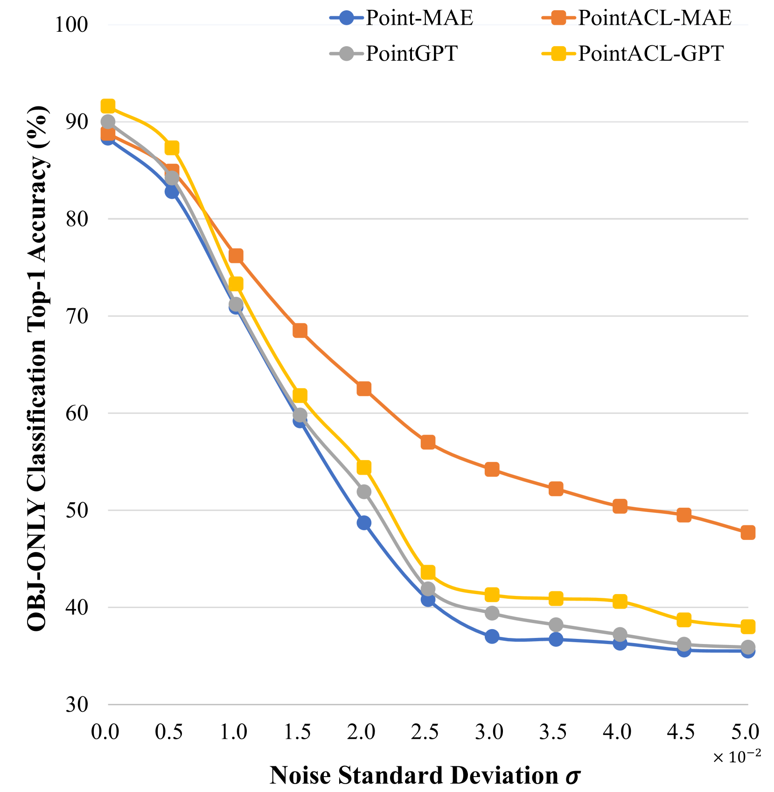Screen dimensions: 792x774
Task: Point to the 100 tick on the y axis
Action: click(x=71, y=25)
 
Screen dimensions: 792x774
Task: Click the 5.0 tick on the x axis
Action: click(x=747, y=732)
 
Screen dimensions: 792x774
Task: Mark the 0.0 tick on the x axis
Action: click(x=105, y=732)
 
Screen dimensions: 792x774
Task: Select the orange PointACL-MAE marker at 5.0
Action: click(x=748, y=533)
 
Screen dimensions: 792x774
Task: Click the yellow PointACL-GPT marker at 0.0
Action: click(x=108, y=106)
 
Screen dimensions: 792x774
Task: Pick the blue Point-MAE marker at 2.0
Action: click(x=364, y=523)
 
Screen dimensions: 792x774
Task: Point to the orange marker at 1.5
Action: click(x=300, y=330)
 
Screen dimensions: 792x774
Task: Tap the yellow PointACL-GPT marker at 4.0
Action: click(x=620, y=601)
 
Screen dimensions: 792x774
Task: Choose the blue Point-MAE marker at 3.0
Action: click(x=492, y=637)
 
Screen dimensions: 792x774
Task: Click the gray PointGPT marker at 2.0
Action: click(x=364, y=492)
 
